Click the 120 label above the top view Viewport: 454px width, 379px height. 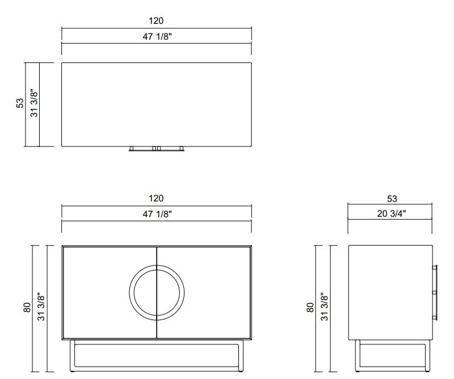coord(156,21)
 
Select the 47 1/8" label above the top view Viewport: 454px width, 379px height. coord(156,37)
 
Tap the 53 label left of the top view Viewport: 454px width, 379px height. coord(20,103)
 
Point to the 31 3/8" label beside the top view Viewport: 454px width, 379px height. coord(34,103)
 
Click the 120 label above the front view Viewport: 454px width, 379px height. coord(156,199)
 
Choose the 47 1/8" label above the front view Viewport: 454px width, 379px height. coord(156,214)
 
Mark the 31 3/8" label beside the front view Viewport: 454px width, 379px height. coord(41,307)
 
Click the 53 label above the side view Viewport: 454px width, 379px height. coord(392,199)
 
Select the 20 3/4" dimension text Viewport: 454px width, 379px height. coord(392,214)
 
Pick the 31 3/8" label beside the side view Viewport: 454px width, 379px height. coord(325,307)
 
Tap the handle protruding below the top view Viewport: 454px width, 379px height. coord(157,149)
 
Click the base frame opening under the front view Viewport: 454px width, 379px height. coord(157,355)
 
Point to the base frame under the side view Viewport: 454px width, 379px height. coord(392,355)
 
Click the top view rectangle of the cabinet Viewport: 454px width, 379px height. coord(157,104)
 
